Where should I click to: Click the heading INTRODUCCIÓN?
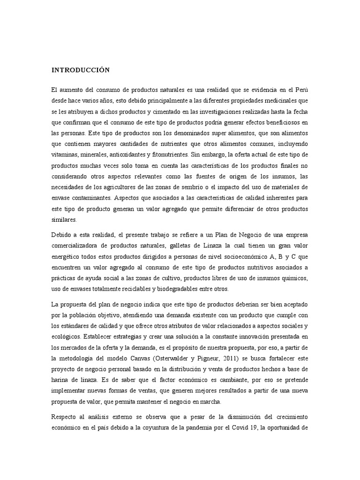tap(80, 70)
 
